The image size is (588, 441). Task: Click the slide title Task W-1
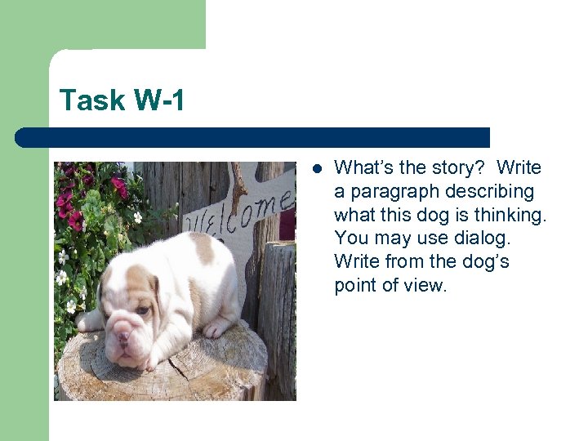click(x=122, y=100)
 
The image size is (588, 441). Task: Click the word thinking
click(x=513, y=216)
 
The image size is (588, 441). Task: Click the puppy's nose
click(x=122, y=336)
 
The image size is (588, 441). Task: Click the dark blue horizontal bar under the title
click(x=253, y=137)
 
